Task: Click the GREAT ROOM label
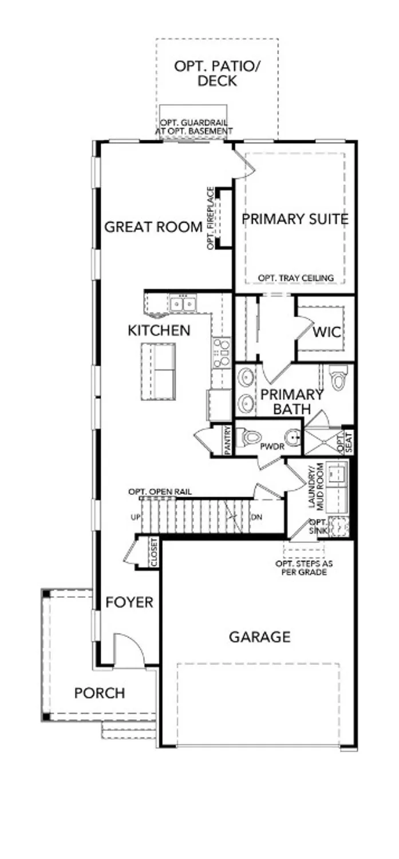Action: click(153, 227)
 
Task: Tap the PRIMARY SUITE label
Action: click(295, 219)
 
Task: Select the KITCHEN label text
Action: click(159, 330)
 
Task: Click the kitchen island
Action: click(158, 371)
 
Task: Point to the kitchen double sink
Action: click(183, 304)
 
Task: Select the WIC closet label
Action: click(326, 332)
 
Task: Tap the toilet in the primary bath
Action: click(338, 379)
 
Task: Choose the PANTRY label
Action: click(228, 440)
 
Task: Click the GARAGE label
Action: click(259, 636)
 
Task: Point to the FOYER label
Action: click(129, 602)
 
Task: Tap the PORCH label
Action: click(100, 693)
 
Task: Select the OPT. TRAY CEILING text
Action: click(295, 278)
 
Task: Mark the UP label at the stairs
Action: click(135, 517)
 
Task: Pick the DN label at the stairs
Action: click(257, 517)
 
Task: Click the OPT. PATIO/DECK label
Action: click(217, 73)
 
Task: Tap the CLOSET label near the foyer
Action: click(154, 553)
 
